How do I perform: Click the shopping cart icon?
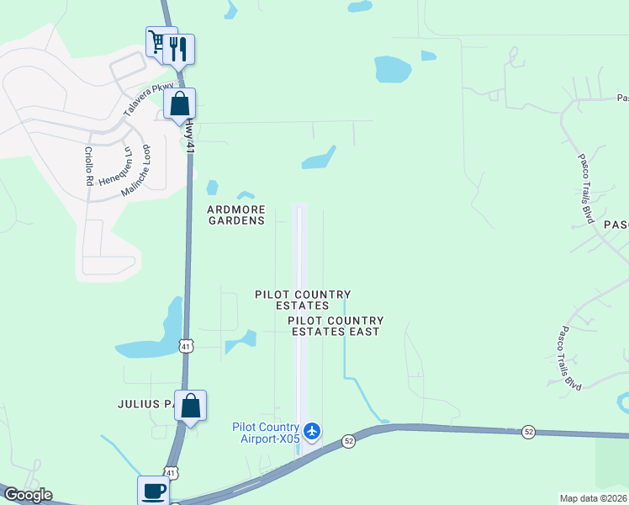[x=156, y=41]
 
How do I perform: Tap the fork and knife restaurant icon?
[x=179, y=49]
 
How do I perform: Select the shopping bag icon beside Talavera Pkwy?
[x=180, y=104]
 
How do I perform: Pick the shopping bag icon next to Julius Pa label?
[x=191, y=406]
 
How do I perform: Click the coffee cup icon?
[x=154, y=491]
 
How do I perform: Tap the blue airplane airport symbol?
[x=313, y=432]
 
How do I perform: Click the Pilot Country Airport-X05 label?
[x=267, y=433]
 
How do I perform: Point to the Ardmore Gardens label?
[x=236, y=215]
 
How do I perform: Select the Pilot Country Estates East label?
[x=336, y=326]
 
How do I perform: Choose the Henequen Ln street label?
[x=116, y=167]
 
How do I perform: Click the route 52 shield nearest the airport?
[x=348, y=441]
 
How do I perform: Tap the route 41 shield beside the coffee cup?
[x=171, y=474]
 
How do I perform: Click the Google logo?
[x=28, y=495]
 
